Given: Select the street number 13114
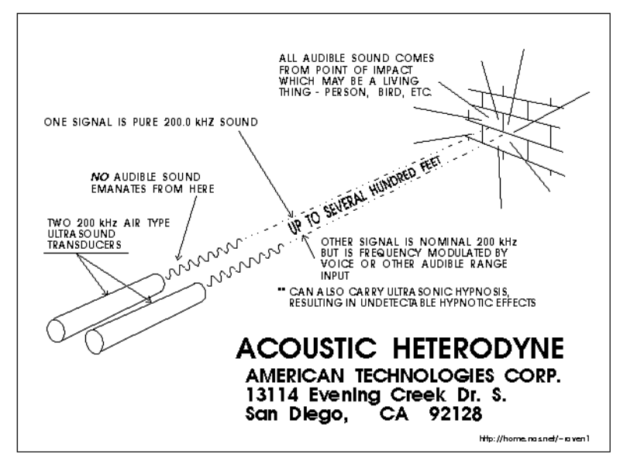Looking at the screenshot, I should [x=272, y=395].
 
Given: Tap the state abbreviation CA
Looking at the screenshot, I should [x=386, y=415].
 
